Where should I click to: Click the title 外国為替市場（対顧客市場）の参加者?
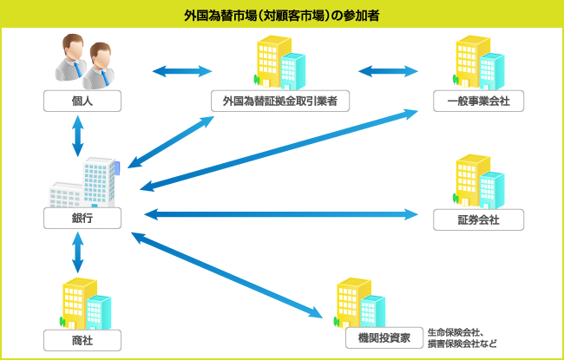tap(281, 15)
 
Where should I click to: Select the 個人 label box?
tap(82, 101)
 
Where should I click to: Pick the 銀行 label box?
tap(82, 219)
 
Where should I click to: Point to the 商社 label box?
tap(82, 338)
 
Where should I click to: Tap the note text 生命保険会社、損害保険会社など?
tap(462, 337)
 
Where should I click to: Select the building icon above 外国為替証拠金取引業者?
tap(280, 63)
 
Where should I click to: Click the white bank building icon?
tap(85, 183)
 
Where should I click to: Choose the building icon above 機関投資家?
tap(359, 301)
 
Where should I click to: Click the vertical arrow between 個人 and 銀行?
tap(78, 136)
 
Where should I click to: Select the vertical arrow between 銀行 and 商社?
tap(78, 252)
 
